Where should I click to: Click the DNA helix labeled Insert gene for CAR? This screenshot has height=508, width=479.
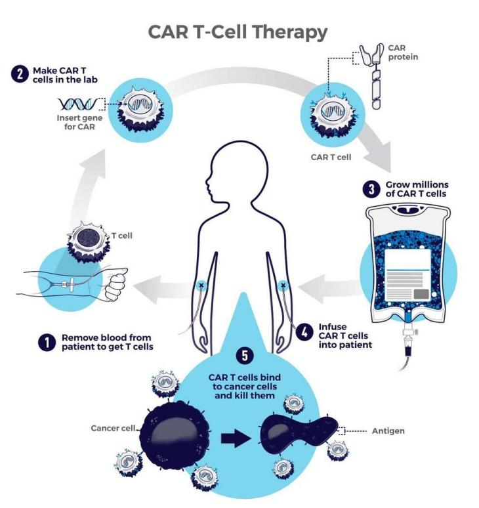(x=78, y=103)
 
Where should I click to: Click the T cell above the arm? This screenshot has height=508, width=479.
(x=83, y=242)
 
